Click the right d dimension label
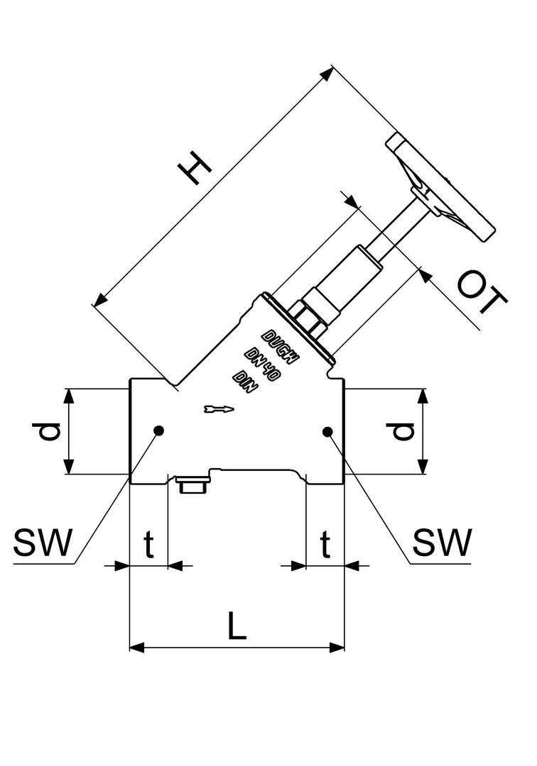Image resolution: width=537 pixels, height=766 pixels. click(403, 431)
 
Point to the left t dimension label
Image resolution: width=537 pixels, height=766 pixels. click(149, 545)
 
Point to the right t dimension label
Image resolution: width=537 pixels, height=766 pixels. click(325, 545)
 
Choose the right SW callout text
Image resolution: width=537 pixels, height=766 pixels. click(442, 543)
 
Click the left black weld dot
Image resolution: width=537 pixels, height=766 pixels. click(158, 430)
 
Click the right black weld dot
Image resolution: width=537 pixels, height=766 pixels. click(327, 431)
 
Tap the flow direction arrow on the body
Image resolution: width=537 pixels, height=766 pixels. click(217, 409)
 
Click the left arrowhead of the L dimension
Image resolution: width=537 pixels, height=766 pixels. click(135, 647)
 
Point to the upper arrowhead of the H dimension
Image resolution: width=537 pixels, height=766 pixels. click(328, 72)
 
